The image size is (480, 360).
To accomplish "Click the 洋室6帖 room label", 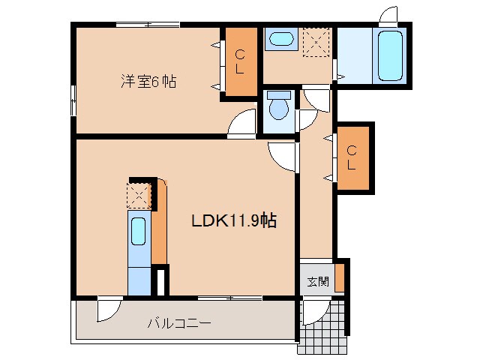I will (x=148, y=80).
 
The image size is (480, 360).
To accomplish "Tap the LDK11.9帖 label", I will (x=234, y=221).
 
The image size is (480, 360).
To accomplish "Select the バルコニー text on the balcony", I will (x=178, y=323).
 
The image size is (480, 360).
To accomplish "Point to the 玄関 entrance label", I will (x=317, y=282).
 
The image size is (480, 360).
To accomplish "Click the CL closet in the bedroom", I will (x=241, y=62).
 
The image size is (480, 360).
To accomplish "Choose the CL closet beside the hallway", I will (x=351, y=157).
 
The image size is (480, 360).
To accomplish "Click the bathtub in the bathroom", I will (x=390, y=55).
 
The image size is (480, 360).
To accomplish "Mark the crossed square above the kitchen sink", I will (x=139, y=196).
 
